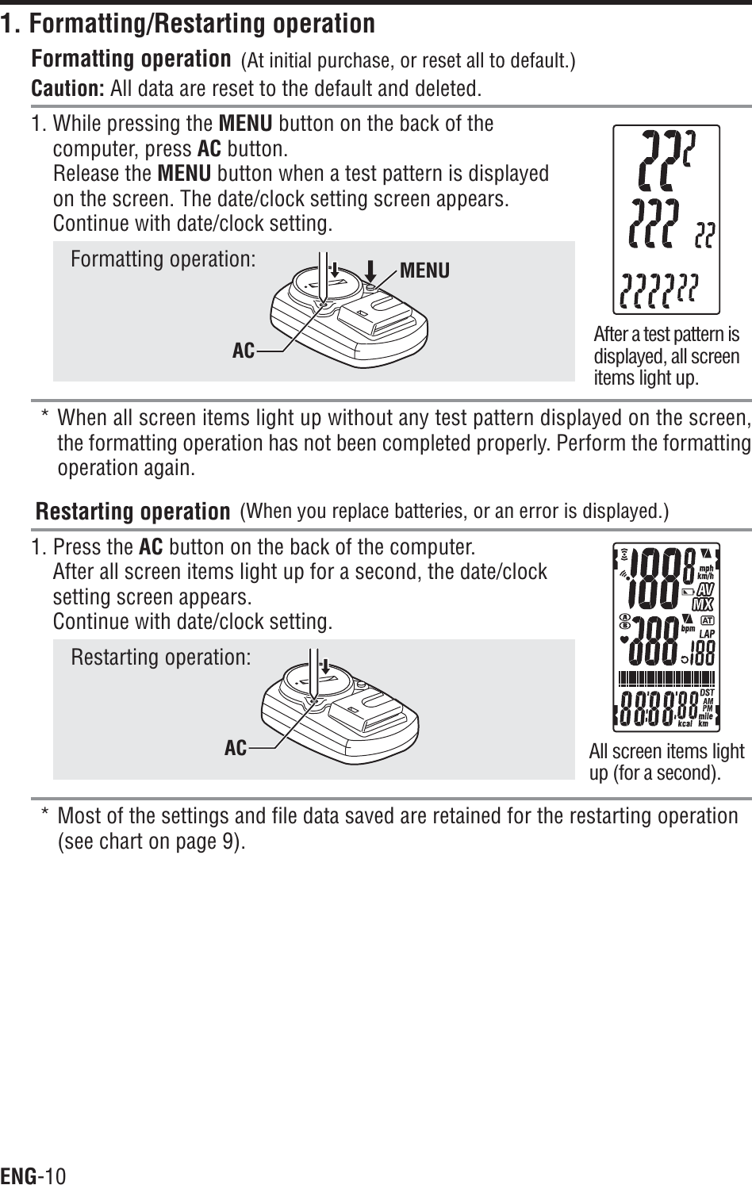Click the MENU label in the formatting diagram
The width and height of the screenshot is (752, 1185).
coord(424,271)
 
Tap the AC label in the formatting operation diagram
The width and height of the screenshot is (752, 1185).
coord(244,350)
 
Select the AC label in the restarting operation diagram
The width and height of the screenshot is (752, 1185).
coord(236,747)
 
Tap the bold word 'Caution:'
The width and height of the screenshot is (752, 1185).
coord(67,86)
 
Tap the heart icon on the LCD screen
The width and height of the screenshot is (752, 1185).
coord(624,638)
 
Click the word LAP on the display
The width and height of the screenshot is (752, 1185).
coord(707,635)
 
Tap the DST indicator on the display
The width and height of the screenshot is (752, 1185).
coord(708,692)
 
